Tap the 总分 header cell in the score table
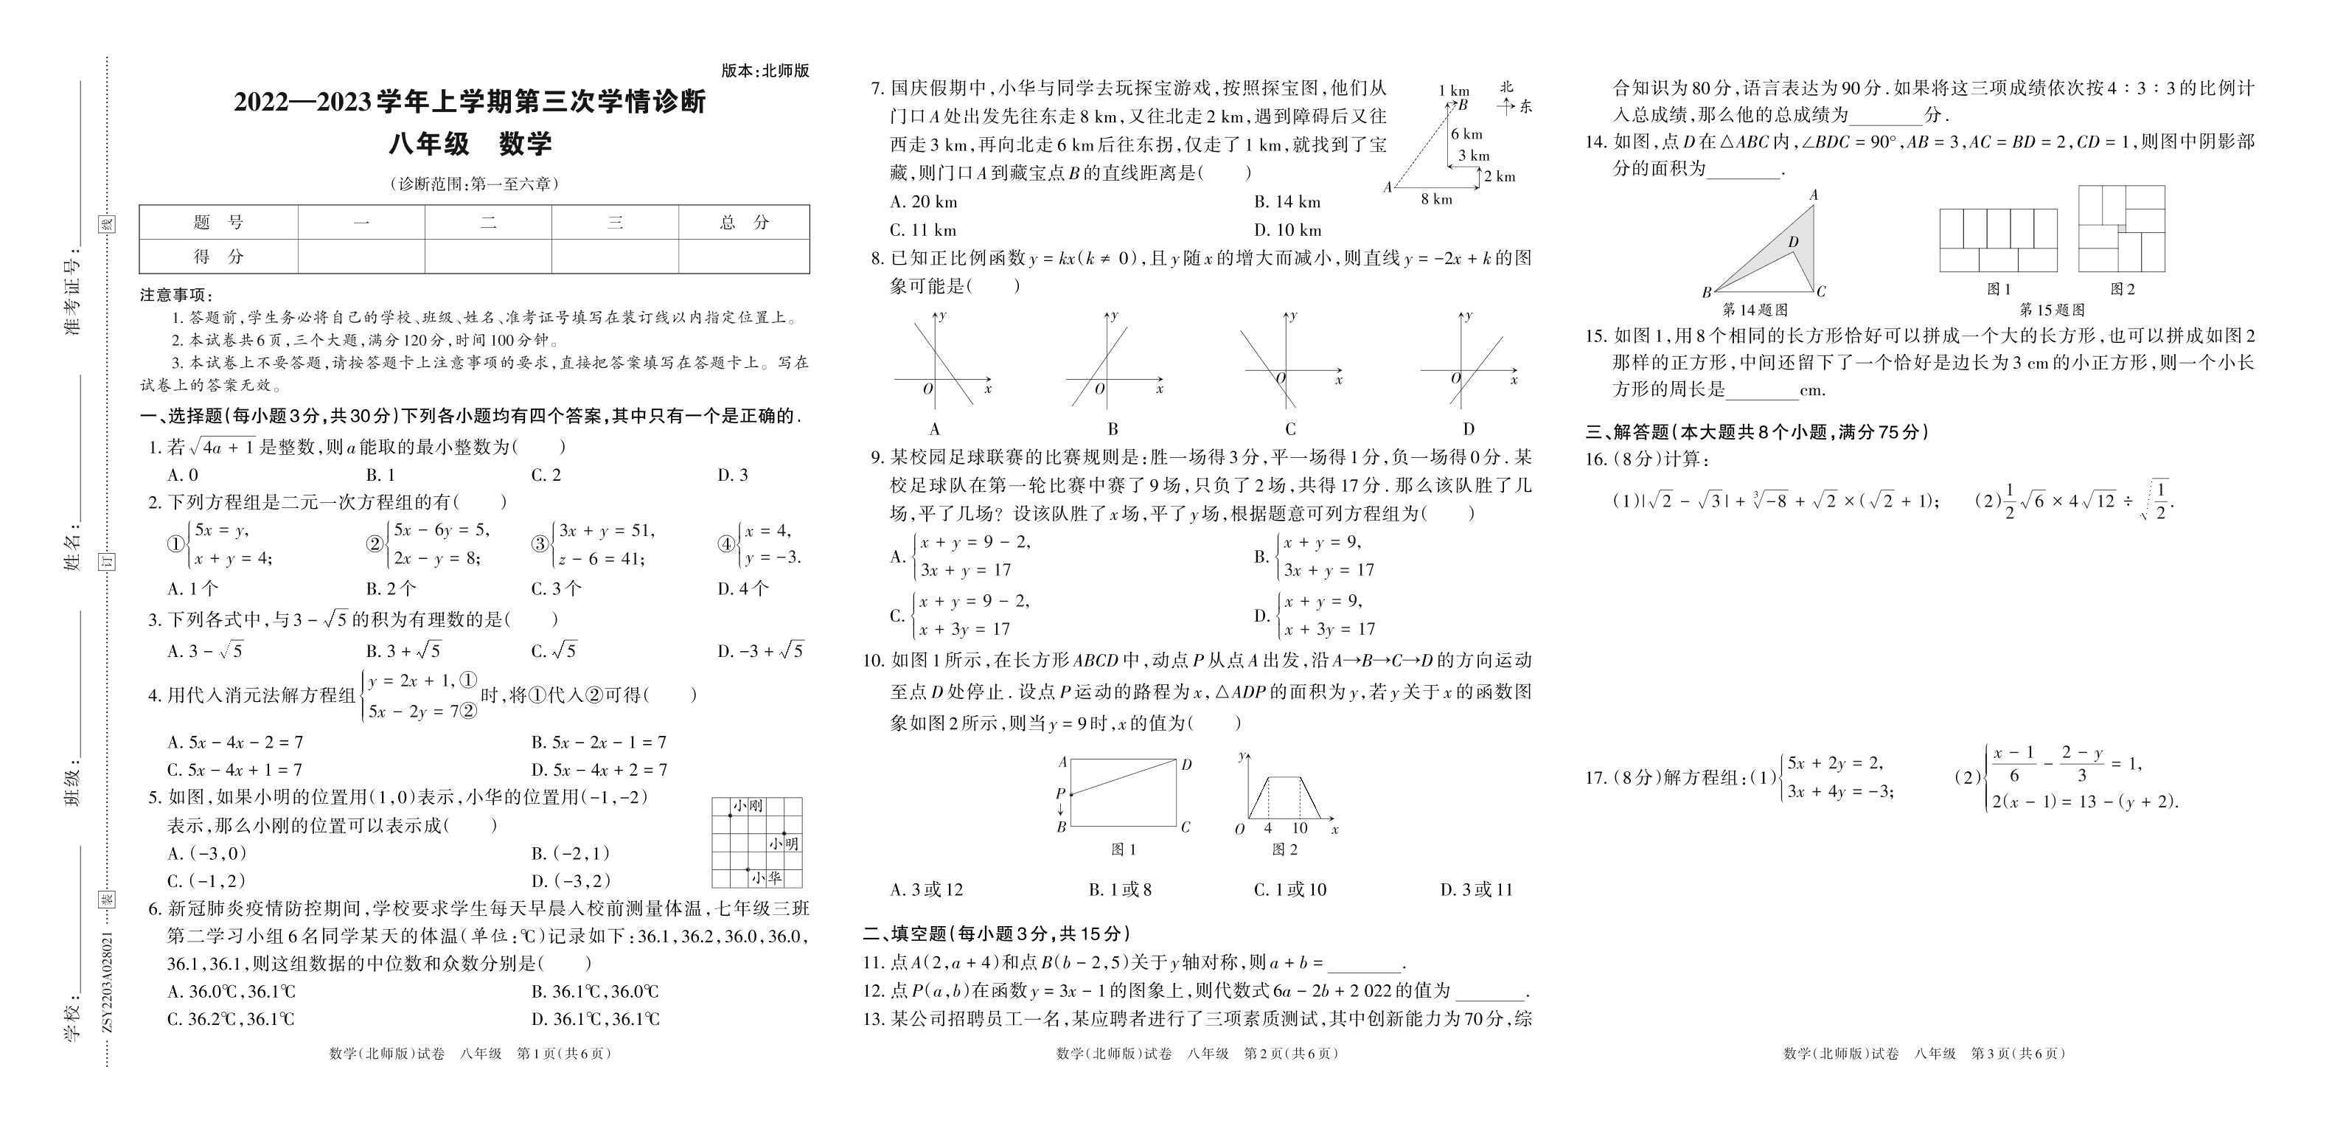coord(744,223)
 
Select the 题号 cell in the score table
coord(219,223)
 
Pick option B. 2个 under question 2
coord(391,588)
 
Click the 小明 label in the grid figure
coord(784,844)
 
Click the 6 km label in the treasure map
coord(1466,133)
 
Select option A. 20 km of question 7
coord(923,201)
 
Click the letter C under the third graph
coord(1290,428)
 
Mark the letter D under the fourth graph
coord(1469,428)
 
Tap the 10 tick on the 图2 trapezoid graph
coord(1299,828)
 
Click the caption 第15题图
coord(2053,309)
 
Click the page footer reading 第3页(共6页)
coord(2018,1054)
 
